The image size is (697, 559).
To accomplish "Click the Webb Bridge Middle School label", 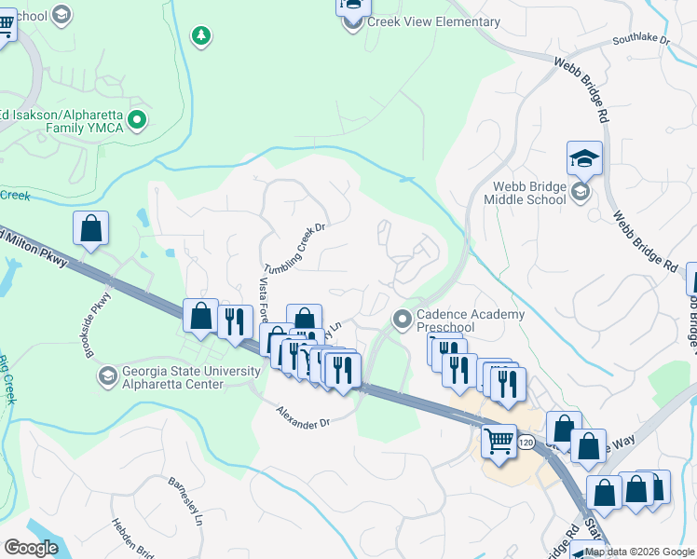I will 525,193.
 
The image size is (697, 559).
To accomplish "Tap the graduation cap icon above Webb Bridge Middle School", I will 584,158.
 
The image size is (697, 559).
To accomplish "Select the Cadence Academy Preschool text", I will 470,320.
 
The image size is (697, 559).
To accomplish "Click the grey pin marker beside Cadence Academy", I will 403,320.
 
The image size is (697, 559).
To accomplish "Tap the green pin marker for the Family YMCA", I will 137,118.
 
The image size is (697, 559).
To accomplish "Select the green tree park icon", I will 199,36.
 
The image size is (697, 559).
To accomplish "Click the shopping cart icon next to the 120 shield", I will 500,440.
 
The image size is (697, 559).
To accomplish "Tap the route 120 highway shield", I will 527,443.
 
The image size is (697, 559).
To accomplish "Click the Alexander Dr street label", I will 303,416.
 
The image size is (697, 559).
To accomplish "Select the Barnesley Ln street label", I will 184,503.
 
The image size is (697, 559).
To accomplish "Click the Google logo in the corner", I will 32,547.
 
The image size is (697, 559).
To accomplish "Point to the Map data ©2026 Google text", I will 639,552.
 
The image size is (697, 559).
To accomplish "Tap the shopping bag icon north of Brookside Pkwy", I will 90,228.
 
